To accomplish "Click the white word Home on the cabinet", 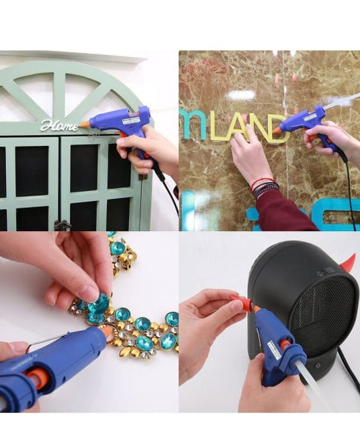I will [x=58, y=125].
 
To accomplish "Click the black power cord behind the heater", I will [x=347, y=377].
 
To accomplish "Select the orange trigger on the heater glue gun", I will [x=285, y=345].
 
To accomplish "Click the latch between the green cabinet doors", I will [x=63, y=225].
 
